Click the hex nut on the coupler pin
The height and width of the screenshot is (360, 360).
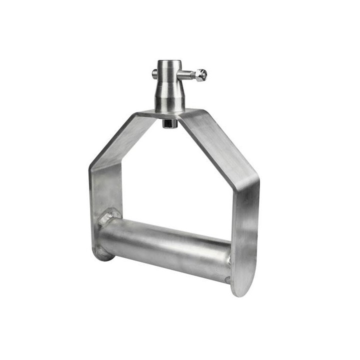click(x=200, y=75)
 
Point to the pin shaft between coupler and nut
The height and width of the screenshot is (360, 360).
click(x=188, y=76)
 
